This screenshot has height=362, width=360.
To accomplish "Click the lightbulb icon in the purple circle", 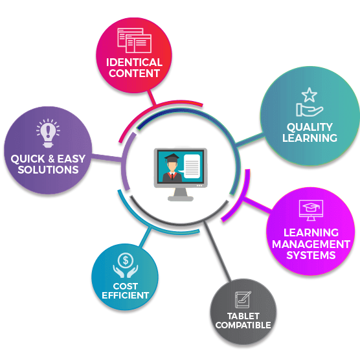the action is pos(48,133).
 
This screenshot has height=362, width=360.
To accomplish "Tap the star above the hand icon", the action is pos(309,95).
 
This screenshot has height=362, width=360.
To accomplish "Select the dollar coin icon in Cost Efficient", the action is pos(126,260).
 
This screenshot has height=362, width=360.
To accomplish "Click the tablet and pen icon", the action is pos(243,299).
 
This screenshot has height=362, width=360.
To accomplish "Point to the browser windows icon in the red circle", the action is pos(134,40).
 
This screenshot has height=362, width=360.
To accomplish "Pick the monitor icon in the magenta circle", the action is pos(311,210).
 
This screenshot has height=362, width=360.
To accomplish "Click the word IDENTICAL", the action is pos(134,62).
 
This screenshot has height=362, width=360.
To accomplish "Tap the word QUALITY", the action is pos(309,127).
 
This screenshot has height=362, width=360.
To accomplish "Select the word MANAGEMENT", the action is pos(311,244).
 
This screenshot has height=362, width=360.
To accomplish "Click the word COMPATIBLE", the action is pos(243,325).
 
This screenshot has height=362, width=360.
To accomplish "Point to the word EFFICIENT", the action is pos(126,295).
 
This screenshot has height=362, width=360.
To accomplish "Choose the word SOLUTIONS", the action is pos(48,170).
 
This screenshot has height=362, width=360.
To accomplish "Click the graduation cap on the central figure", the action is pos(172,158).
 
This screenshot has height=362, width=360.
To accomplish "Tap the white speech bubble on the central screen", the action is pos(191,166).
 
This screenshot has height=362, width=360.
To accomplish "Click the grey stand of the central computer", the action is pos(181,194).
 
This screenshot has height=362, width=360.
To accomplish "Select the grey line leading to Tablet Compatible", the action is pos(217,251).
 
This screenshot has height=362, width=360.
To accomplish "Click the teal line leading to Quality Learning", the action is pos(250,139).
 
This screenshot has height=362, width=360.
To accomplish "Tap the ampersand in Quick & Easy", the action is pos(51,159).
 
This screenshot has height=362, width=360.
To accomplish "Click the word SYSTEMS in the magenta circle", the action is pos(311,255).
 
